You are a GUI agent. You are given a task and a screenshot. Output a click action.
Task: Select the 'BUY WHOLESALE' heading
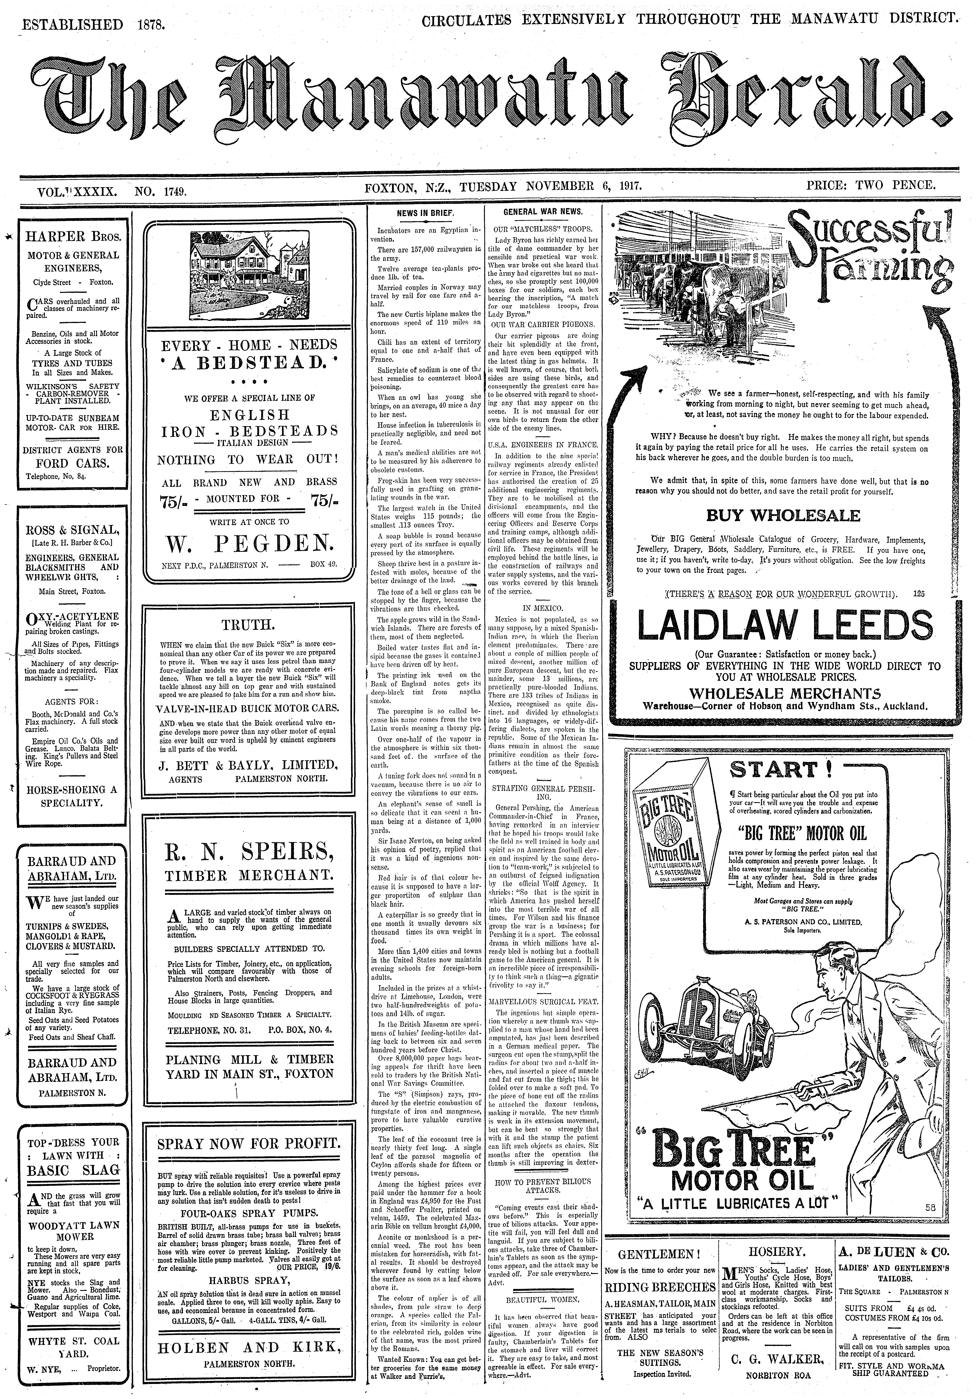783,515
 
